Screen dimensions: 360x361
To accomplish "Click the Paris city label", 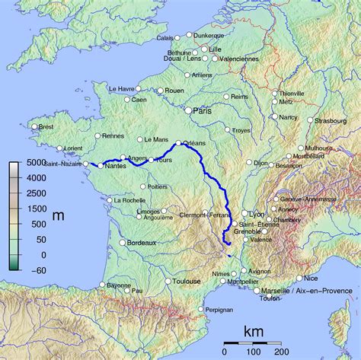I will click(x=202, y=110).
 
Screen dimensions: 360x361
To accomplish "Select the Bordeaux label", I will click(x=141, y=243).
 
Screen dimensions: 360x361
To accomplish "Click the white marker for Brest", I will click(x=34, y=127).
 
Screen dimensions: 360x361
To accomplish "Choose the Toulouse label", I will click(x=186, y=281).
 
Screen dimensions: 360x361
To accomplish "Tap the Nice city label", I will click(x=311, y=279).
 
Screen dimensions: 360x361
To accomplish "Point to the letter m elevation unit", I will click(x=59, y=215).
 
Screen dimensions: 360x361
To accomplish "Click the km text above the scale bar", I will click(x=254, y=332).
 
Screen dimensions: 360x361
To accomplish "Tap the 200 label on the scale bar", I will click(x=282, y=352).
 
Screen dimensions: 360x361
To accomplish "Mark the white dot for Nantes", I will click(x=100, y=165).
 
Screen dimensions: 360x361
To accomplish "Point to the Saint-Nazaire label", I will click(x=63, y=164).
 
